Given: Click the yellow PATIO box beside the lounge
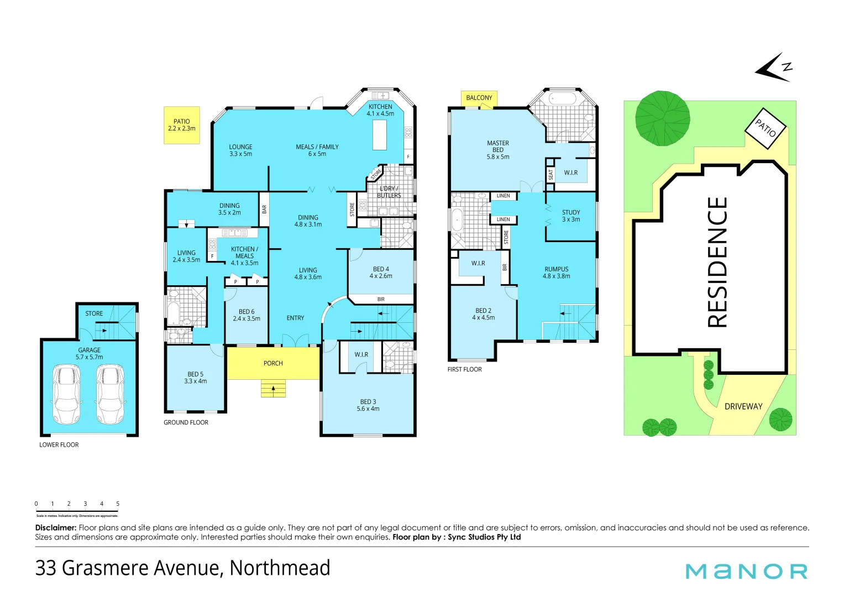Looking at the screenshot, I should coord(181,125).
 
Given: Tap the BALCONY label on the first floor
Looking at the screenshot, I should coord(479,98).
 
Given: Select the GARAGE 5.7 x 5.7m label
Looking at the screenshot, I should coord(90,353).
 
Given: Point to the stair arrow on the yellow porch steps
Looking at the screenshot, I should coord(273,389).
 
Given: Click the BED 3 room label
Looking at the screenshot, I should coord(368,405).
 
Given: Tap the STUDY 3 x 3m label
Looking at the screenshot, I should coord(571,216).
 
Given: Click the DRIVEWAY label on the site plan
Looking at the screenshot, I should coord(743,406).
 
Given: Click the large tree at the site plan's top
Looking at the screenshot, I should coord(662,118).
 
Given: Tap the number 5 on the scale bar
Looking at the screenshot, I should coord(118,504).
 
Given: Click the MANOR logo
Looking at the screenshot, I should coord(747,571).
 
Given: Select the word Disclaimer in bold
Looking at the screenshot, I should coord(55,528).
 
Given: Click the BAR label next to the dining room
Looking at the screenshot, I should coord(264,209).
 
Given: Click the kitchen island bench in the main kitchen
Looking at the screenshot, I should coord(380,135).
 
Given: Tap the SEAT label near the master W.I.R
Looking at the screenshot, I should coord(551,175).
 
